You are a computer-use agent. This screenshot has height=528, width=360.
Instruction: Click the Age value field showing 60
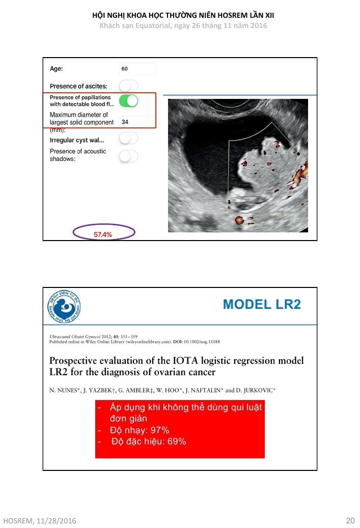[x=136, y=69]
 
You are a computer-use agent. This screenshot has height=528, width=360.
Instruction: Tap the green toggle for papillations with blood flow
[x=128, y=100]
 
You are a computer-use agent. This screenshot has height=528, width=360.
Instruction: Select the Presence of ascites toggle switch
[x=128, y=86]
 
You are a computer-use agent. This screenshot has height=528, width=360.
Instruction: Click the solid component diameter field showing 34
[x=136, y=122]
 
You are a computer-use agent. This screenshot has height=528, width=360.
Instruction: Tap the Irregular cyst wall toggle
[x=128, y=138]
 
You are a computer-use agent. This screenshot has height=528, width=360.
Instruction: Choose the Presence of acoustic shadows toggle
[x=128, y=156]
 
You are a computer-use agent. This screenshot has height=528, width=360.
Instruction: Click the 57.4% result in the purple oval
[x=103, y=234]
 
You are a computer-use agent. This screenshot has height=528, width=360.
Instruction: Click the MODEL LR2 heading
[x=262, y=305]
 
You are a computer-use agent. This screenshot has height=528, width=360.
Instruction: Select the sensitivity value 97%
[x=156, y=430]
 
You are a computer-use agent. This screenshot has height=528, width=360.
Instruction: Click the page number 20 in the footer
[x=350, y=520]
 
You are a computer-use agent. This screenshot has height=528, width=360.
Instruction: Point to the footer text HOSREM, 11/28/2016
[x=38, y=520]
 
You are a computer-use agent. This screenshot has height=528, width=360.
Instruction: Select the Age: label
[x=57, y=69]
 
